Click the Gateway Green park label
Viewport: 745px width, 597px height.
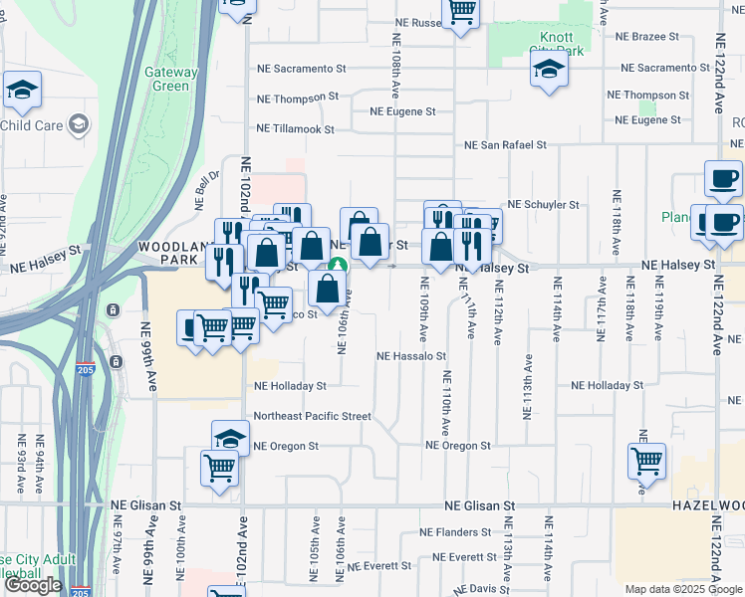tap(166, 79)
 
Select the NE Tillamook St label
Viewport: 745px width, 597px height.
tap(296, 129)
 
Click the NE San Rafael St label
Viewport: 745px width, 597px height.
tap(505, 145)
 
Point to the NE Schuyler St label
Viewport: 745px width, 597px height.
tap(543, 205)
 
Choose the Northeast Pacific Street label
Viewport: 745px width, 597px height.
tap(312, 416)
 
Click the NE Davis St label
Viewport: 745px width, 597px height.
tap(475, 589)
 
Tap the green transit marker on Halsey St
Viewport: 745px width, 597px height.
tap(338, 266)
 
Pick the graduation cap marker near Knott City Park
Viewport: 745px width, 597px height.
tap(548, 71)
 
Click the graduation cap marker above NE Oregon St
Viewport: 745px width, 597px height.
tap(229, 438)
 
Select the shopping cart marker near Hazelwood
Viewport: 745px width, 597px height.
tap(646, 462)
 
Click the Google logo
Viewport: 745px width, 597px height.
tap(33, 586)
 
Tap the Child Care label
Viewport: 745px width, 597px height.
tap(34, 125)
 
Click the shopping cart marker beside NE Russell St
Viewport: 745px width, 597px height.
tap(460, 12)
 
